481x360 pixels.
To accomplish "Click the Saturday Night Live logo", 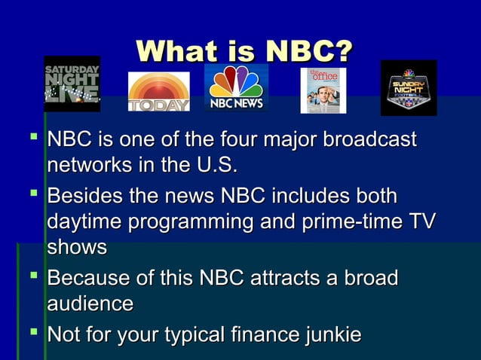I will pos(72,84).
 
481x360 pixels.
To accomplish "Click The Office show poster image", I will pos(323,90).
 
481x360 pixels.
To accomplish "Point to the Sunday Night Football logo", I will pos(408,87).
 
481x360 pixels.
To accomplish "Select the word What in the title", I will pos(178,51).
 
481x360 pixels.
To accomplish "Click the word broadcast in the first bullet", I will pos(369,140).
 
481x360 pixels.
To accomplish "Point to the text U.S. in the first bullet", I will pos(206,165).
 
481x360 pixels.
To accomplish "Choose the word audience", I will pos(90,304).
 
